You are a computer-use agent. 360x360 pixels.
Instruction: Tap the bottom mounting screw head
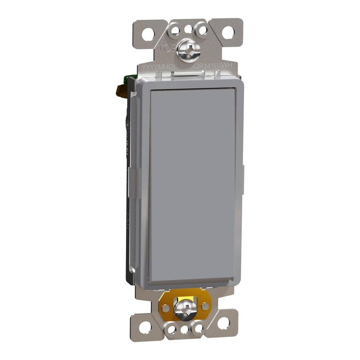185,309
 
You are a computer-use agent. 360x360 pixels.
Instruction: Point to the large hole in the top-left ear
148,34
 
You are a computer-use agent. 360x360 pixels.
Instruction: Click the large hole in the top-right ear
228,32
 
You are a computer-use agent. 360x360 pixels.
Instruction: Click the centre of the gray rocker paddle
193,184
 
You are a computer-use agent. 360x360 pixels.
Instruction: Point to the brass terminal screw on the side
122,91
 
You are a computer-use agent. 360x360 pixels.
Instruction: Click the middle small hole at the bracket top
188,29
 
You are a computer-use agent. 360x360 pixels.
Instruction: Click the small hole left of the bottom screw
166,308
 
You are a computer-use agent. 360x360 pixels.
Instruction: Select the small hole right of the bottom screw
205,306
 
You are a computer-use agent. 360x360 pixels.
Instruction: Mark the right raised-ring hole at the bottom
197,328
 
